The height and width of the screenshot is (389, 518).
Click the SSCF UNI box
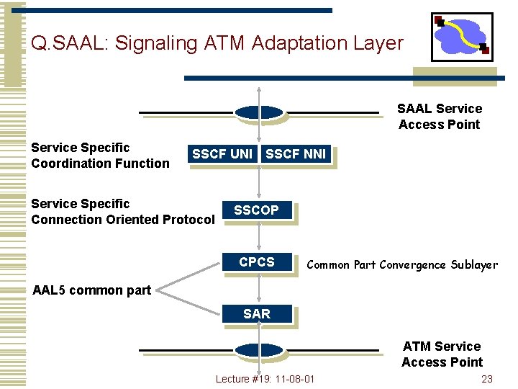(222, 154)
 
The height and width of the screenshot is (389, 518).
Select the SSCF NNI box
(296, 154)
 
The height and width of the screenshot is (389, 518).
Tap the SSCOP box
(257, 210)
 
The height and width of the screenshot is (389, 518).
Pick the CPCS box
(257, 263)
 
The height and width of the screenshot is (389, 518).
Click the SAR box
(257, 314)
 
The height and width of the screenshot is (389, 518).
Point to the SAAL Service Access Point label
(440, 117)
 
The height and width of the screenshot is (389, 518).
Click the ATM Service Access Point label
(442, 354)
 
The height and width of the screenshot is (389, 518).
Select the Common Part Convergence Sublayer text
(402, 265)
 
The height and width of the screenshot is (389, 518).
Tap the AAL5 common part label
(91, 290)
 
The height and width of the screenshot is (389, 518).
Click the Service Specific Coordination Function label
(100, 156)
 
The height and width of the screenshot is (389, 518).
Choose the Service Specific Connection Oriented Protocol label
(122, 212)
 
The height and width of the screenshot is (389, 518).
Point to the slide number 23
(487, 380)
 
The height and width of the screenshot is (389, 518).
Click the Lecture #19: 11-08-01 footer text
(265, 380)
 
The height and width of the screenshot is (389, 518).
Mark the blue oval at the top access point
(259, 112)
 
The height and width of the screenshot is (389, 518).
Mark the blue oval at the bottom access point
(259, 351)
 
